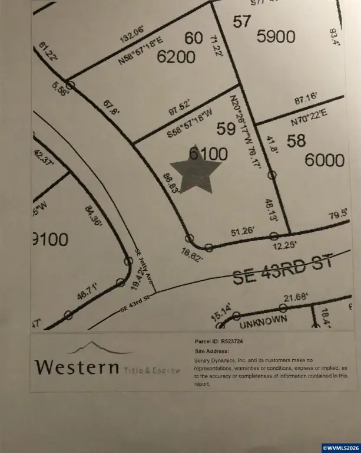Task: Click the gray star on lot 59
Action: click(x=195, y=171)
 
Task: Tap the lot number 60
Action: click(x=193, y=38)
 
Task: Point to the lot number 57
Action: click(x=241, y=22)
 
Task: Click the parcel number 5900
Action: click(x=276, y=37)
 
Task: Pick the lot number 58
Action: click(x=297, y=140)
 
